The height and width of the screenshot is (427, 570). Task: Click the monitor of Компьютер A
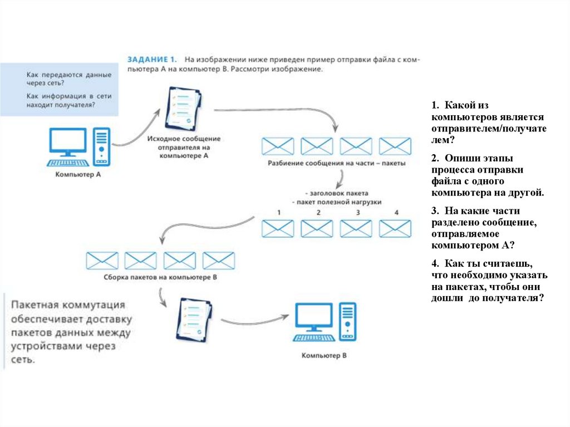coord(68,143)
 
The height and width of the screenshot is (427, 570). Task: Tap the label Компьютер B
coord(324,355)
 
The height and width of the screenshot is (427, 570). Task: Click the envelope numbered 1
coord(278,228)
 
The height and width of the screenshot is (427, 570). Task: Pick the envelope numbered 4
coord(395,228)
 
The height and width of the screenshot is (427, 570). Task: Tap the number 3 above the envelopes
coord(357,213)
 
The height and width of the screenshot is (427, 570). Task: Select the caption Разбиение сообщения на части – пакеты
coord(333,164)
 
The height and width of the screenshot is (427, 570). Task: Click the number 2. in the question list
coord(434,158)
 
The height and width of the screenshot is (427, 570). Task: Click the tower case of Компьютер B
coord(347,322)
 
